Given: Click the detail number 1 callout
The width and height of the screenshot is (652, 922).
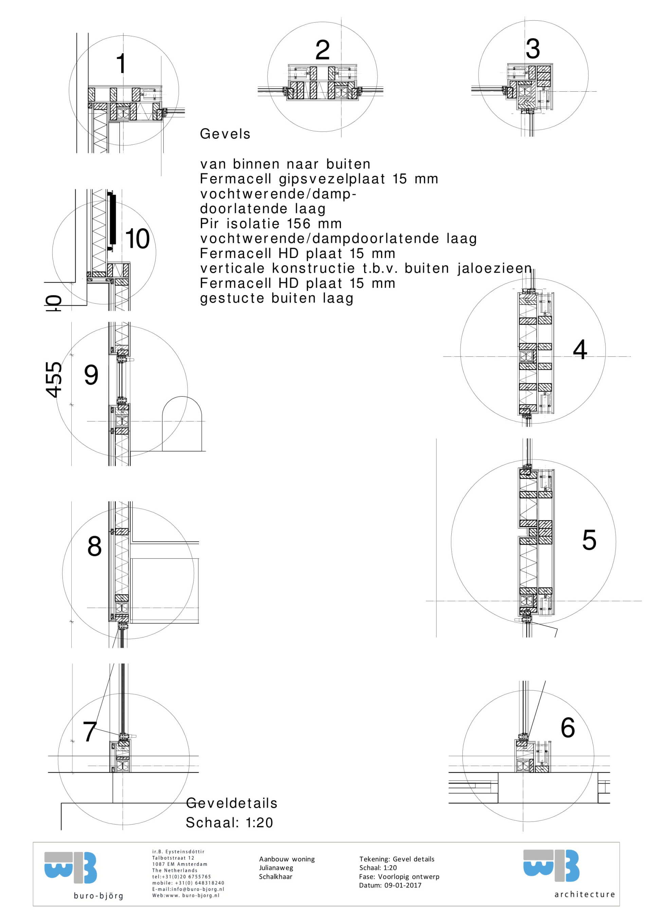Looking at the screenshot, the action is point(121,63).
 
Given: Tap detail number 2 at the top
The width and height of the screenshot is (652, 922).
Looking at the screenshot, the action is point(322,50).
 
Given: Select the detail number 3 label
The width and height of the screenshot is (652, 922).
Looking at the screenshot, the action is point(533,49).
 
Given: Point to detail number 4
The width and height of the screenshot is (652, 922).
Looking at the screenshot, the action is point(580,349).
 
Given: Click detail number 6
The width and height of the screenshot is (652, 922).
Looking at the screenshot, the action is point(568,727).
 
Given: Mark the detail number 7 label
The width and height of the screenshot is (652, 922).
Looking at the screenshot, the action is point(90,731).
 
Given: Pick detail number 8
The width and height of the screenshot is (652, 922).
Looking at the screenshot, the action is point(94,546).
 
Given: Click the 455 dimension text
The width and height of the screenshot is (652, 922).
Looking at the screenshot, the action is point(54,380).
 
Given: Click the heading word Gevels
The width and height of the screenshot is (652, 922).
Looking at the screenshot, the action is point(225,134).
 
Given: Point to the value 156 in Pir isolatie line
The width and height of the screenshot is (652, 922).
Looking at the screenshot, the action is point(299,223).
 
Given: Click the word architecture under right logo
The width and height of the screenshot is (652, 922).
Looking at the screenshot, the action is point(584,894).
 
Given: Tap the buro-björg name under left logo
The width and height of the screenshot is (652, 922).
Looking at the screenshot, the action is point(98,896).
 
